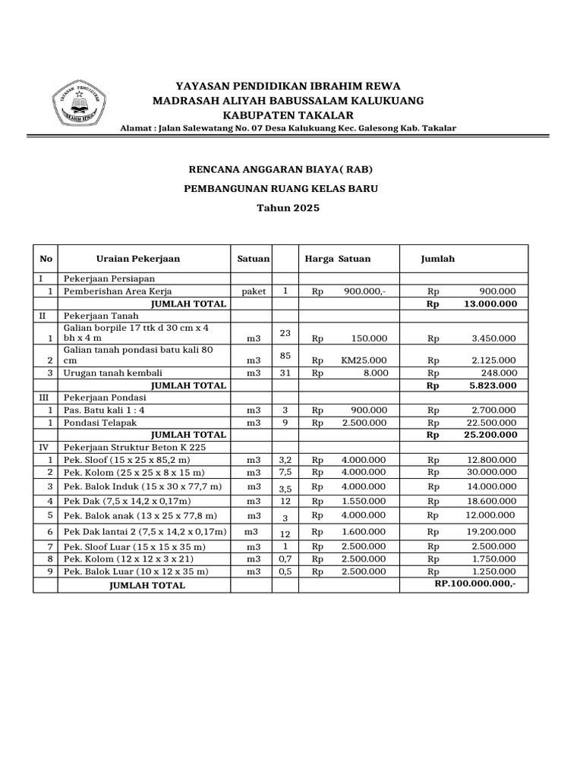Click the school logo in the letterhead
80,104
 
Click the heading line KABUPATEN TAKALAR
288,115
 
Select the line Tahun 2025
288,206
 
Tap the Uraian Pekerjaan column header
138,259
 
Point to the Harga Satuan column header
337,259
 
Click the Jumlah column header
438,259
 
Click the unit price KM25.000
364,360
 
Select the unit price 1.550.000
364,501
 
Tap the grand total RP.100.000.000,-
475,585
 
